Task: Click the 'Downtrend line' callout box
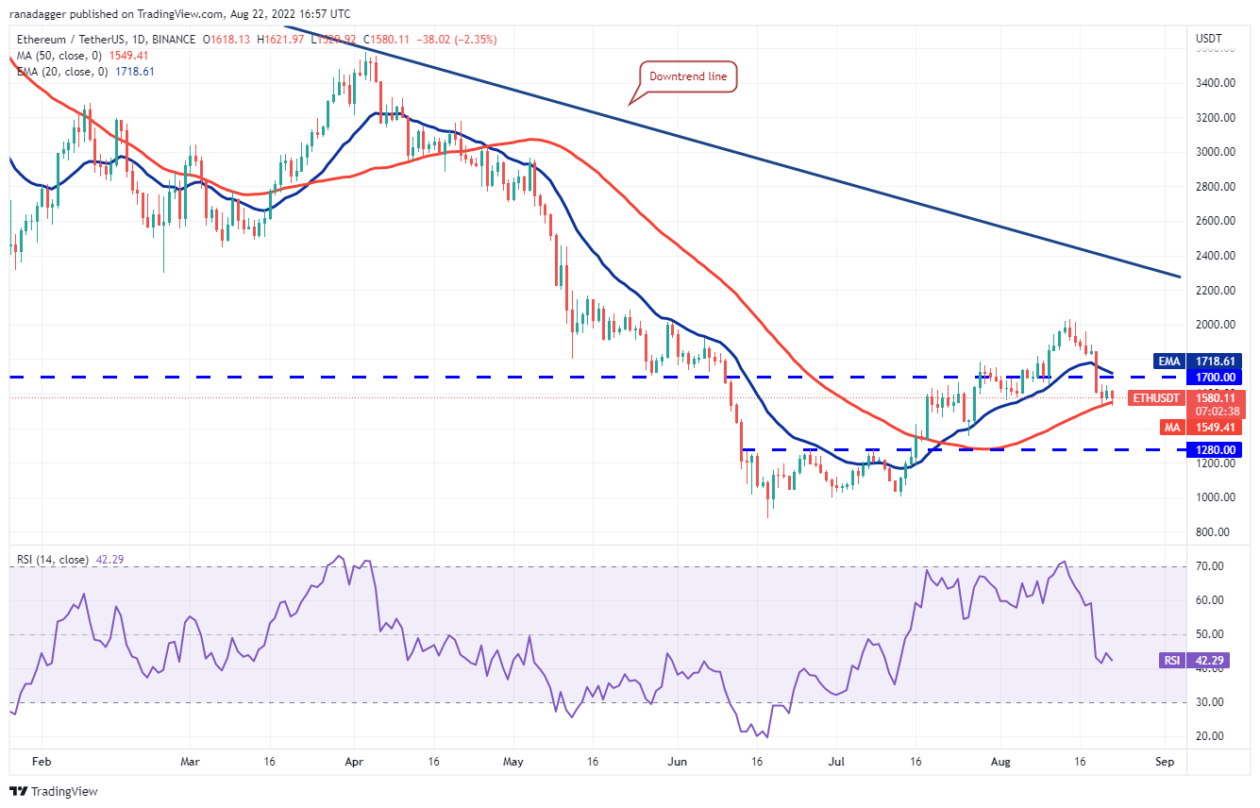688,76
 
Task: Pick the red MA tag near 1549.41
1172,428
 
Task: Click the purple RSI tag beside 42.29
1171,661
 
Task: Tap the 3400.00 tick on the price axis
1216,83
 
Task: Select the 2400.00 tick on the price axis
1216,256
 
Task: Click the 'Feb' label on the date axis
39,760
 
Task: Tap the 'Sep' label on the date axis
1165,760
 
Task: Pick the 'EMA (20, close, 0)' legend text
61,72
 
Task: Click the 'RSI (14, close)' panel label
52,560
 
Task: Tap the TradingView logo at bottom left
54,791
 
